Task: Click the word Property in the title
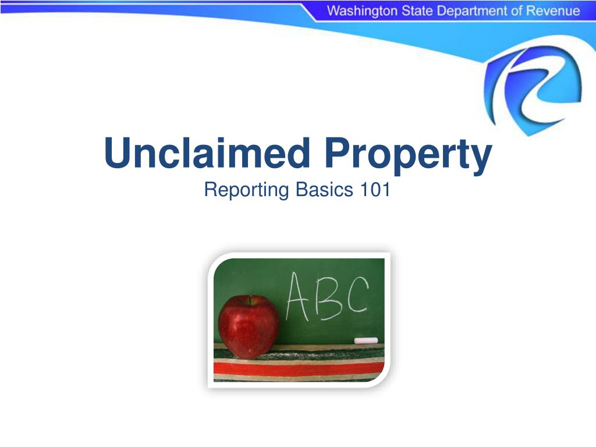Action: point(408,154)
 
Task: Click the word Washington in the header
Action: point(361,11)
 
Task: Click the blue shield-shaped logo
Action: point(533,87)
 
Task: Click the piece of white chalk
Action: point(366,340)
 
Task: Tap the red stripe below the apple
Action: point(326,368)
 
